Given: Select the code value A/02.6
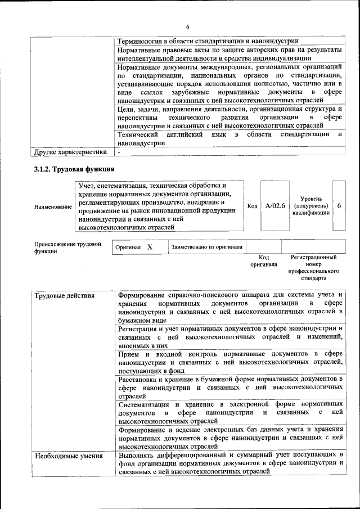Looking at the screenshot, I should pos(275,206).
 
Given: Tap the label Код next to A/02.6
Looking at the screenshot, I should pos(253,206).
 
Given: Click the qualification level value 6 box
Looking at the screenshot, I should pos(339,206).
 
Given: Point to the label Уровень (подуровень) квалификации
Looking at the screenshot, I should pos(311,206).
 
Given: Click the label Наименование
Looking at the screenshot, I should pos(53,207).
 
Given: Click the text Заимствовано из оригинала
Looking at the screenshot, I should pos(207,247).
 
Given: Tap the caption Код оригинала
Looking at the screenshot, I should pos(264,261).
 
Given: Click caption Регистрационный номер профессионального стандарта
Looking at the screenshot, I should pos(313,268).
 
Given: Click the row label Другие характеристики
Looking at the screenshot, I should pos(70,152).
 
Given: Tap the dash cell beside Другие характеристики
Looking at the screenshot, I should pos(119,152).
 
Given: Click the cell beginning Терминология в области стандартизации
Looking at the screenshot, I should pos(208,40).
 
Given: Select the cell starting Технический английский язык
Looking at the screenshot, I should pos(229,139).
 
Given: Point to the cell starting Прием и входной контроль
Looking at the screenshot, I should pos(229,362).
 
